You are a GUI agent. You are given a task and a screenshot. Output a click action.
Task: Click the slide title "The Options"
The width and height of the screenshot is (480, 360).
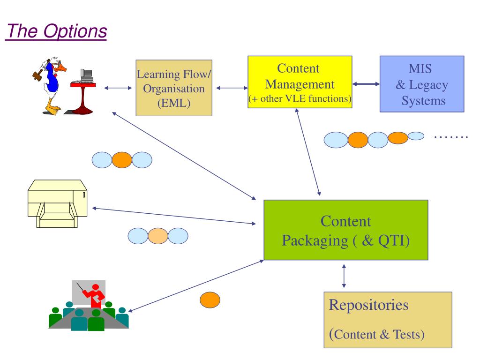coord(57,31)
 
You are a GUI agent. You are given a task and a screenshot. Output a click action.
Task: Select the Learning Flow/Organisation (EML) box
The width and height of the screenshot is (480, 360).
coord(174,88)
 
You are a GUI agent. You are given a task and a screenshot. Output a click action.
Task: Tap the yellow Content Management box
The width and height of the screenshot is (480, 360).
coord(300,82)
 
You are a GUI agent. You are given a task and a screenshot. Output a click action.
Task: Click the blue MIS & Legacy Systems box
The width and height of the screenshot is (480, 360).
coord(422,84)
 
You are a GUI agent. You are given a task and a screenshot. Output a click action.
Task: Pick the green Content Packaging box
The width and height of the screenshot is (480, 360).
coord(346,230)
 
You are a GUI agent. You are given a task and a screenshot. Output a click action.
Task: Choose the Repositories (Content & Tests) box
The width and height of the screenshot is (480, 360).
coord(388,320)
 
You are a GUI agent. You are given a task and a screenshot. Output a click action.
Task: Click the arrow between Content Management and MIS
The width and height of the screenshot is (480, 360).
coord(366,84)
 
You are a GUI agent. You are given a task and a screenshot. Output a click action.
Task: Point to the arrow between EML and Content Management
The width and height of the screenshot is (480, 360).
coord(232,88)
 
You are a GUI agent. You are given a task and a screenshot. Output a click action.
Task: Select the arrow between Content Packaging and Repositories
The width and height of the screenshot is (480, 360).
coord(344,276)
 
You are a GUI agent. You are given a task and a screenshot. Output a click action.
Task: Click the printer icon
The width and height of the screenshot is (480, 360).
coord(58,203)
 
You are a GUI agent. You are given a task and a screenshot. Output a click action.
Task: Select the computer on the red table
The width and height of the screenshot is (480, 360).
coord(86,76)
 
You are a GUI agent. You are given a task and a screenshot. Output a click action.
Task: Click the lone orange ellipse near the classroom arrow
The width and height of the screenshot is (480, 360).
coord(210,300)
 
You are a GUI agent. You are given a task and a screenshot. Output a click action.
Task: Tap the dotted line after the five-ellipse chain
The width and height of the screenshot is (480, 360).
coord(451,137)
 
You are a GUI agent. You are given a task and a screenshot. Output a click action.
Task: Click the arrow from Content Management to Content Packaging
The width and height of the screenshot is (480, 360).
coord(307,152)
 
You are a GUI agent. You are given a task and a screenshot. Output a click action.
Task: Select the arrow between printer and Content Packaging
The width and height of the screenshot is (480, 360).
coord(174,216)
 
